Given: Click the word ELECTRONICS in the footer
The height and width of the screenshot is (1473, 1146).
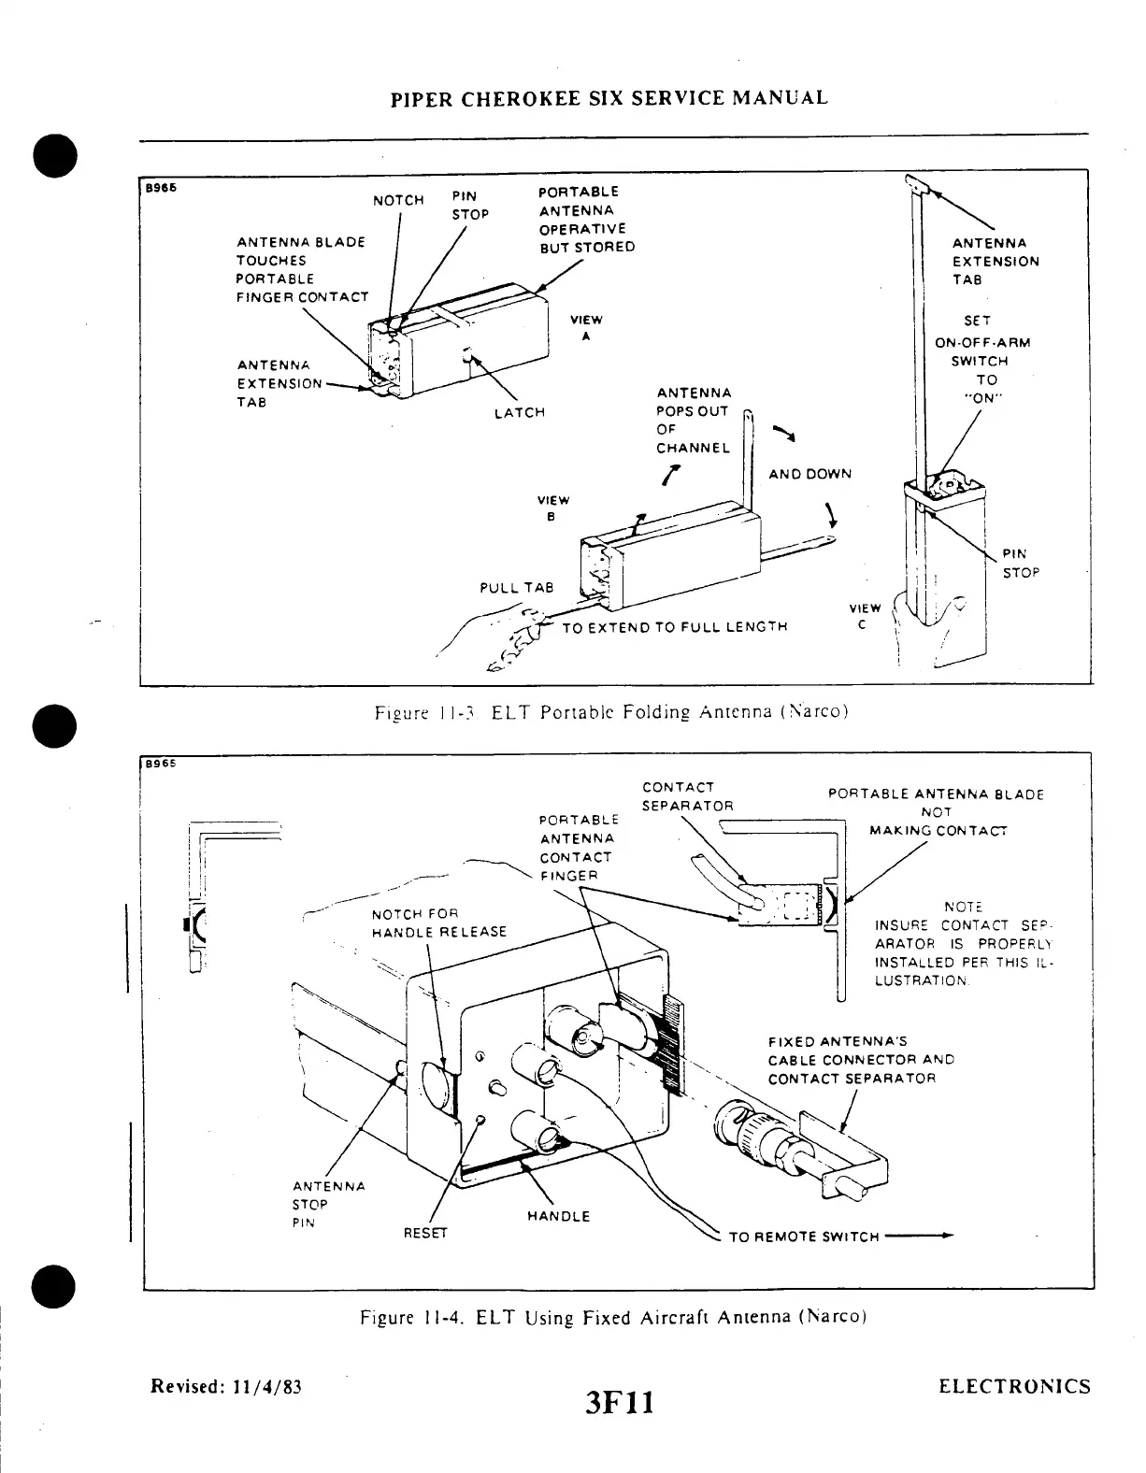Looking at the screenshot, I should tap(1014, 1386).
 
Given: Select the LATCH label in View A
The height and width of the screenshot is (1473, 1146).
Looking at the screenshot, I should tap(519, 412).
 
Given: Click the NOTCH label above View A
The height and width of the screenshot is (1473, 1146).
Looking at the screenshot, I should tap(398, 201).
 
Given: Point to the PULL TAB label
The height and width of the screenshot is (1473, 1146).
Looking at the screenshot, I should tap(516, 588).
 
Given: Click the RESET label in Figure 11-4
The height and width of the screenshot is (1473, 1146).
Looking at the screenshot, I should tap(425, 1233).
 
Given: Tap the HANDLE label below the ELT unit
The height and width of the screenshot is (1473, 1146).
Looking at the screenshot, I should tap(558, 1216).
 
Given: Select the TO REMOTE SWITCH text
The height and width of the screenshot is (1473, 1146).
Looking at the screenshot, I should tap(804, 1237).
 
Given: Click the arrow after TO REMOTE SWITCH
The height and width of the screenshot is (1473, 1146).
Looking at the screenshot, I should tap(920, 1236).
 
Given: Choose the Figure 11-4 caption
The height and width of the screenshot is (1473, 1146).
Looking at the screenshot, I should tap(614, 1318).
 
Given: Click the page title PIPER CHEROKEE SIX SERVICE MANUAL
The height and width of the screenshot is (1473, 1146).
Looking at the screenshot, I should tap(609, 98).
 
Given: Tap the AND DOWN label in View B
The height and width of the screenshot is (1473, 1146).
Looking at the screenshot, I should tap(809, 474).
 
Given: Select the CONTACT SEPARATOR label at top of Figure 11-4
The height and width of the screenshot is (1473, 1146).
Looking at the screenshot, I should tap(687, 796).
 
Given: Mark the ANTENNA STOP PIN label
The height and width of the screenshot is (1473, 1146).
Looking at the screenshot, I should tap(328, 1204).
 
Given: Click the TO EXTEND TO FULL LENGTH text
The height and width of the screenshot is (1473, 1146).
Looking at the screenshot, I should tap(674, 627).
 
